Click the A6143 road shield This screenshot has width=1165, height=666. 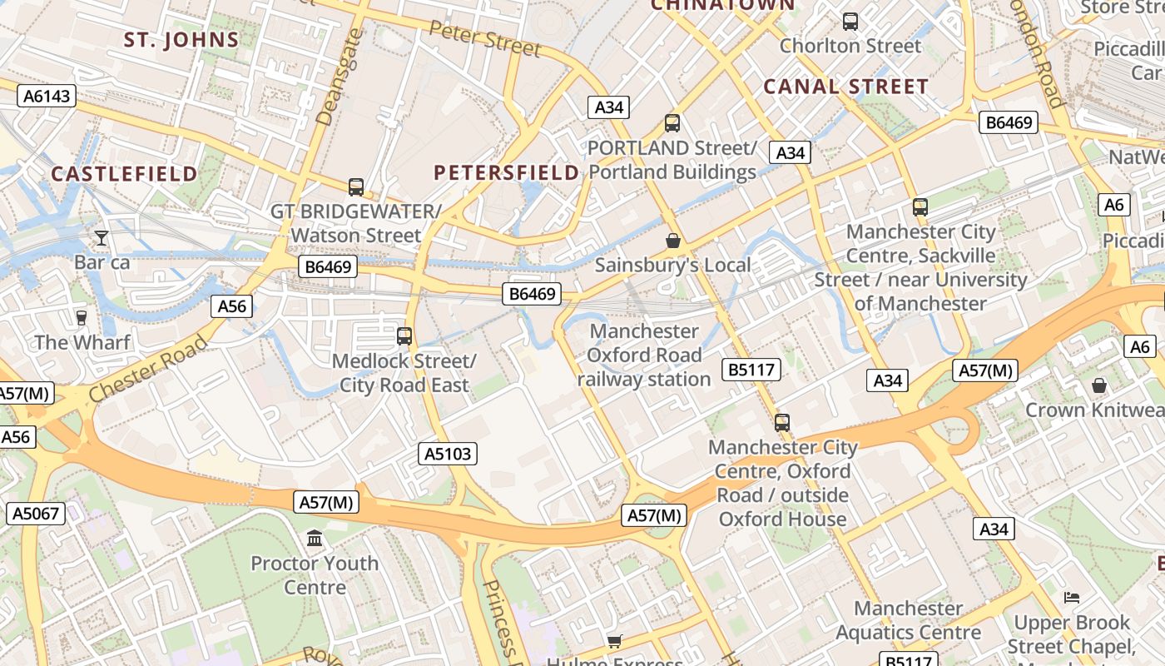[47, 96]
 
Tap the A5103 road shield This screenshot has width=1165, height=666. [448, 454]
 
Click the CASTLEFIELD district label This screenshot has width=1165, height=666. [125, 174]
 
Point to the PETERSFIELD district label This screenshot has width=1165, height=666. [507, 172]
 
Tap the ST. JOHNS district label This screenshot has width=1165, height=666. [181, 39]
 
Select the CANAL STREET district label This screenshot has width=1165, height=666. [845, 87]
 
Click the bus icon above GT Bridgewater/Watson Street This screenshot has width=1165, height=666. [356, 186]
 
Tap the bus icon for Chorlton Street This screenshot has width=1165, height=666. [850, 22]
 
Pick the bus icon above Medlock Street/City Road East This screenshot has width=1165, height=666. [404, 336]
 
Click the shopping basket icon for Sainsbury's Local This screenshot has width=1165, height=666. [672, 241]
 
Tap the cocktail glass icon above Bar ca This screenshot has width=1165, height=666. [102, 238]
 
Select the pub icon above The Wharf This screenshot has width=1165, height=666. [82, 317]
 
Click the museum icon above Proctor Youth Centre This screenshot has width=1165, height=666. [315, 539]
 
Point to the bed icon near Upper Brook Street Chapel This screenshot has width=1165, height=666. [1071, 598]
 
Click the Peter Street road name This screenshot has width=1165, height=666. [485, 39]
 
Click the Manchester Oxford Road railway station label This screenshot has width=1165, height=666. [644, 355]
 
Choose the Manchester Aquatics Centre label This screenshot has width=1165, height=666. [908, 620]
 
